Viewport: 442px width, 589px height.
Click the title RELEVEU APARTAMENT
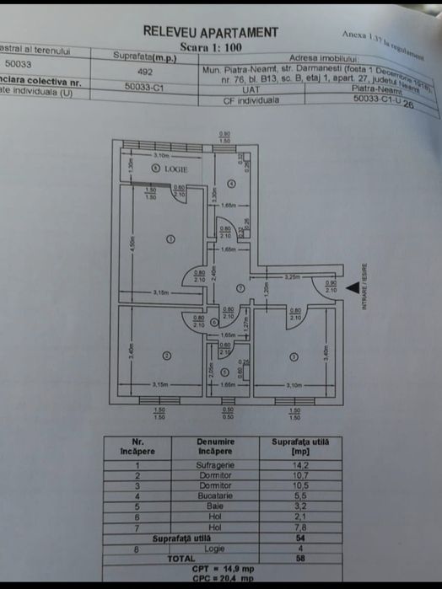click(x=210, y=32)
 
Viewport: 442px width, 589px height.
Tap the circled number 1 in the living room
click(x=170, y=239)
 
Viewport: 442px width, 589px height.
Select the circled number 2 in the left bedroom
click(x=166, y=356)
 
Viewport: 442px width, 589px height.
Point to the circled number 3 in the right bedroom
click(x=294, y=356)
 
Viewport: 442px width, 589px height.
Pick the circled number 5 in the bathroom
click(x=224, y=371)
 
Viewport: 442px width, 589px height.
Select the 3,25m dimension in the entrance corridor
click(x=293, y=276)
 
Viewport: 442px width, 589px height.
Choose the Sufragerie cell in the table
click(x=217, y=464)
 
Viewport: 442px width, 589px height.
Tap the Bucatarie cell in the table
click(x=217, y=495)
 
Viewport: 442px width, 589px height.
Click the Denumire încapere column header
click(x=217, y=446)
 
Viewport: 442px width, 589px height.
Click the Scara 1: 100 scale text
click(x=209, y=47)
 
